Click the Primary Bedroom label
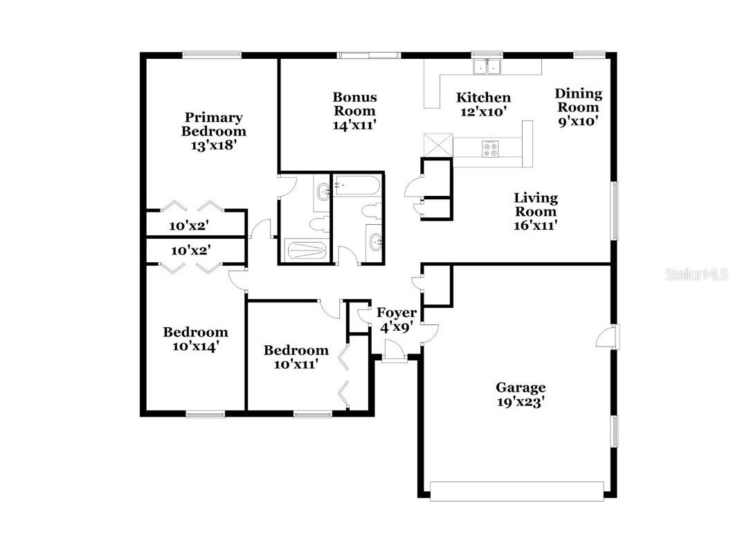point(213,131)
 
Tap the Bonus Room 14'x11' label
point(354,111)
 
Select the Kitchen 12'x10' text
point(484,104)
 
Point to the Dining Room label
point(578,107)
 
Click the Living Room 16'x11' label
point(535,210)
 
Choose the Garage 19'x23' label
point(521,394)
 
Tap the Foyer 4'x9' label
point(397,320)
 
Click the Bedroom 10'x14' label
point(195,339)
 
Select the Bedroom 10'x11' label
point(296,357)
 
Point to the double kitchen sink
point(487,67)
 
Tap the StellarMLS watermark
point(696,275)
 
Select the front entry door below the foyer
point(395,357)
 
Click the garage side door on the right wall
point(608,337)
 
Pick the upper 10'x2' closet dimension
point(189,226)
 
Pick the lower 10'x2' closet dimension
point(190,250)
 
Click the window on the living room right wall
point(613,211)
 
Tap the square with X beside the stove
point(437,145)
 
